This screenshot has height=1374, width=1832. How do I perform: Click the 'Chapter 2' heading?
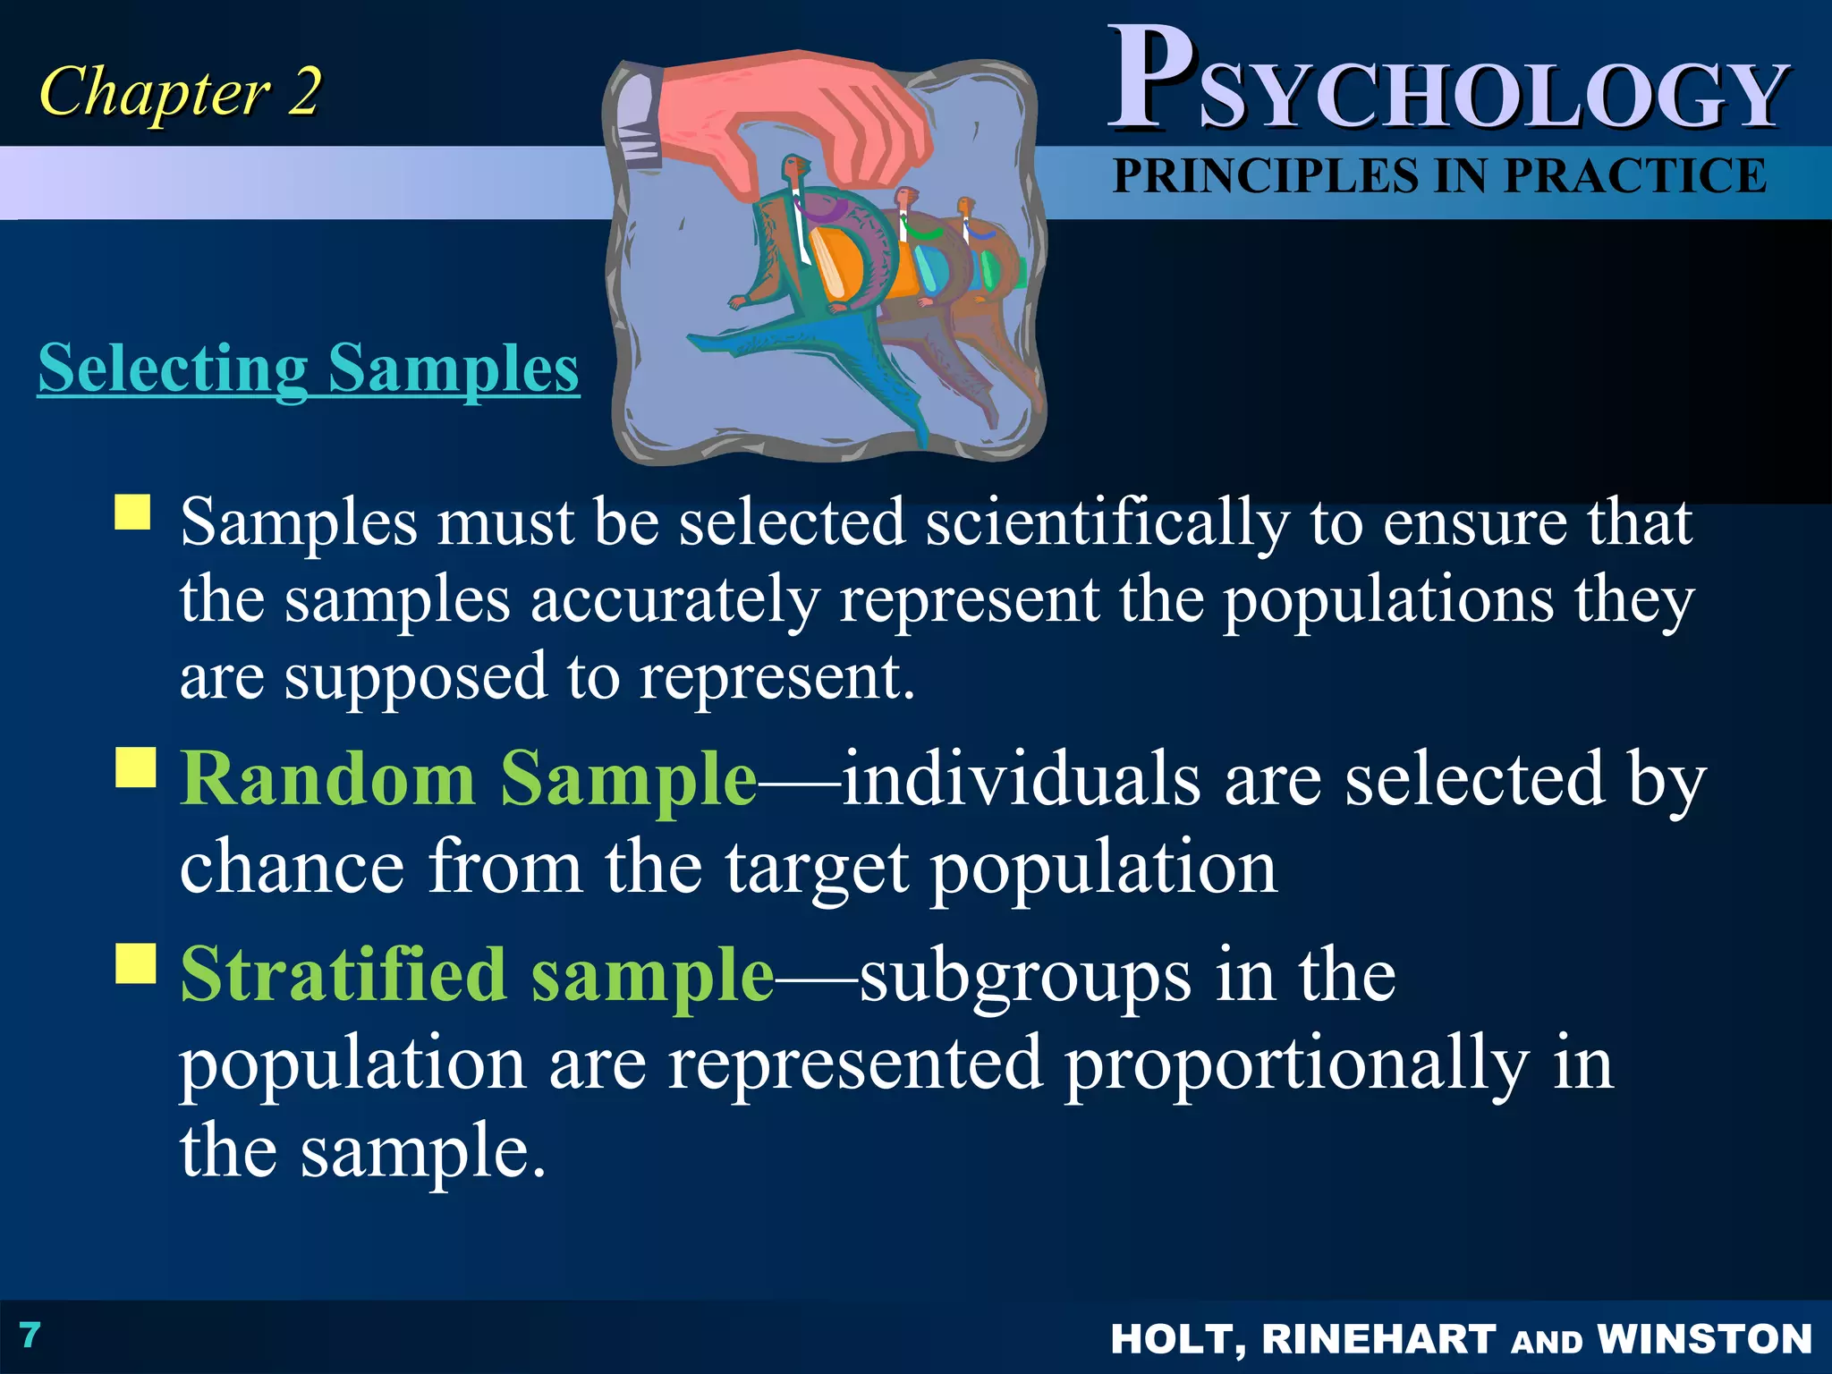[179, 92]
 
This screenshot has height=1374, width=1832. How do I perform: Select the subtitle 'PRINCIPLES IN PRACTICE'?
[1439, 175]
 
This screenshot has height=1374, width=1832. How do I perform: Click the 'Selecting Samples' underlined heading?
[309, 368]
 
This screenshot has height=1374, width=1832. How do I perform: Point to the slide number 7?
[30, 1335]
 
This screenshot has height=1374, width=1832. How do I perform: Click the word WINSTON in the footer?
[1704, 1339]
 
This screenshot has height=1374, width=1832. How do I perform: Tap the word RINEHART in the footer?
[1378, 1339]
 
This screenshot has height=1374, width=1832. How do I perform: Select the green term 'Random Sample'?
[469, 778]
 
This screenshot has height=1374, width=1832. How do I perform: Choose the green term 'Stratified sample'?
[477, 974]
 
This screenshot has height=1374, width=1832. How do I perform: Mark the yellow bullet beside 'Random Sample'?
[136, 768]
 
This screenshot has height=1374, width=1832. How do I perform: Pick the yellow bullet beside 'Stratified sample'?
[136, 963]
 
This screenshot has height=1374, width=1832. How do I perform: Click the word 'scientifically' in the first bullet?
[1107, 522]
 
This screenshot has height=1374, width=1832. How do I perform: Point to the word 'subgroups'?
[1025, 977]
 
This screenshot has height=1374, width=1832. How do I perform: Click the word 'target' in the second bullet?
[817, 868]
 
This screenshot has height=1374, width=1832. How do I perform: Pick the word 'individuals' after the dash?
[1021, 778]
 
